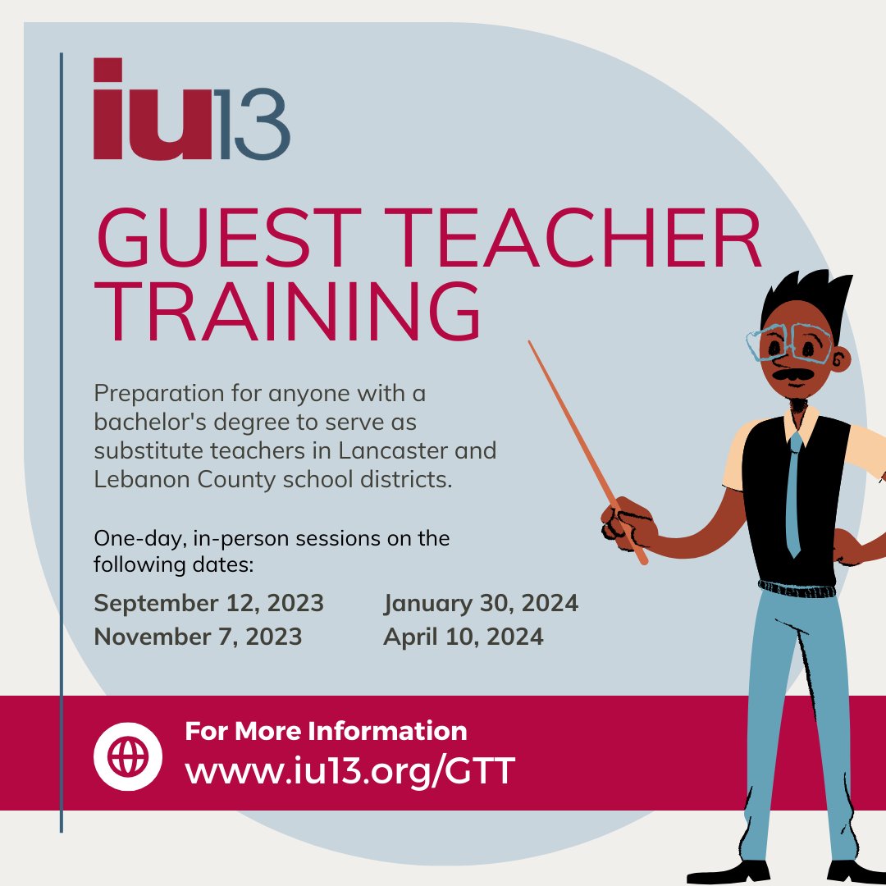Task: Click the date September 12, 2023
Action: point(208,604)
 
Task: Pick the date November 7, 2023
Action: point(198,637)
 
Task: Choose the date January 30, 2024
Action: point(481,604)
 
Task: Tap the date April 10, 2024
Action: point(463,637)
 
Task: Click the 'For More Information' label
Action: point(326,731)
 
